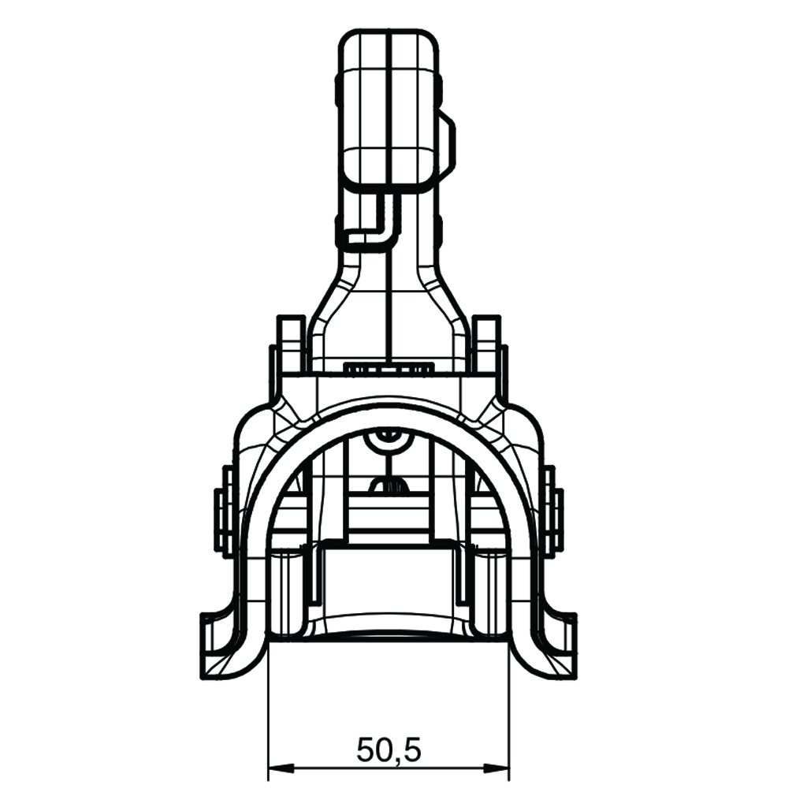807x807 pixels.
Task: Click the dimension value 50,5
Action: tap(389, 750)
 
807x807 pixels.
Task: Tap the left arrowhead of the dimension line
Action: tap(278, 767)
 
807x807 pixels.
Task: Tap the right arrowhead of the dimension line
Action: tap(498, 767)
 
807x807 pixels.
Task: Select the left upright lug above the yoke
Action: tap(291, 343)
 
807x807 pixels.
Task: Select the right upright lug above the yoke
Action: tap(486, 343)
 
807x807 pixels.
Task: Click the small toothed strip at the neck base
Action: tap(389, 367)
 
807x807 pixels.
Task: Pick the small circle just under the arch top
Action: tap(386, 433)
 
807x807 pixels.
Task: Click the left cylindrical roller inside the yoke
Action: tap(288, 591)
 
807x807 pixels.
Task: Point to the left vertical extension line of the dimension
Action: tap(269, 709)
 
